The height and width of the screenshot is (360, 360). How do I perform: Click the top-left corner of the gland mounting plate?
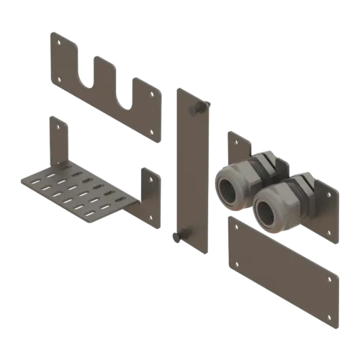[230, 133]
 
